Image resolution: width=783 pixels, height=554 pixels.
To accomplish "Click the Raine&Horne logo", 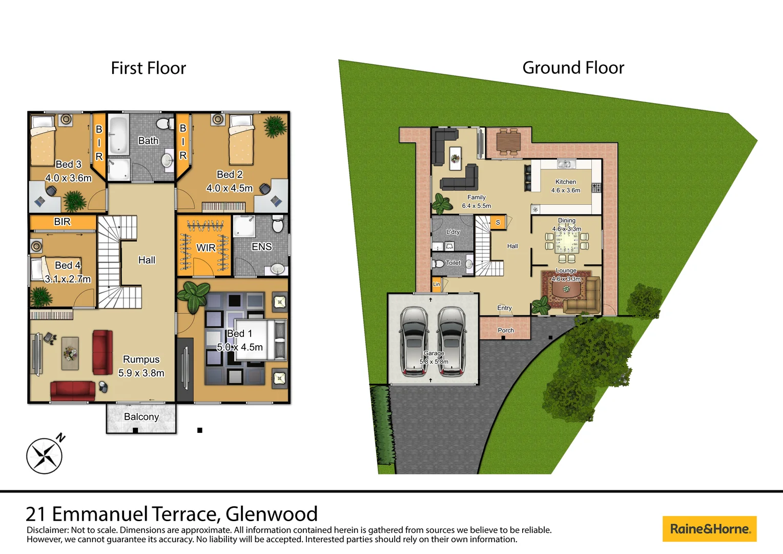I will click(x=709, y=529).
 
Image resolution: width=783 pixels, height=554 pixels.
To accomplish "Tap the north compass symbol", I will click(x=45, y=455).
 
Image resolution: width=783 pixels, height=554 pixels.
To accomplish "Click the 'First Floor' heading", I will click(x=148, y=68).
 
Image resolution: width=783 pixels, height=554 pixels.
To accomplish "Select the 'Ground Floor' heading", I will click(x=573, y=68).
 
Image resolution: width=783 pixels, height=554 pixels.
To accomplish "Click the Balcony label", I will click(x=141, y=417).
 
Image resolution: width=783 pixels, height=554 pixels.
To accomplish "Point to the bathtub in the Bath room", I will click(x=118, y=134).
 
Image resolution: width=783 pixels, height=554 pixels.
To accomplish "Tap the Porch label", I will click(x=506, y=330).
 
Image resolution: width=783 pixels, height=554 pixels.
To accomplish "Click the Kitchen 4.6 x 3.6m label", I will click(x=566, y=186).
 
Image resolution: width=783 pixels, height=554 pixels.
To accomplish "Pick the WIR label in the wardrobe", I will click(x=206, y=248).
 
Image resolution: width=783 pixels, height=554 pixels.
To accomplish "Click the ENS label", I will click(x=261, y=247).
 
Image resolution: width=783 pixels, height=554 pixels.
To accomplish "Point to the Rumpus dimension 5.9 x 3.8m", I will click(x=141, y=373).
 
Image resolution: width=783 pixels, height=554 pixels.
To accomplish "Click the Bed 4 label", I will click(x=67, y=265).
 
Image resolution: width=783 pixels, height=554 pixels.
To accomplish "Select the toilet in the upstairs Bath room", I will click(x=165, y=124).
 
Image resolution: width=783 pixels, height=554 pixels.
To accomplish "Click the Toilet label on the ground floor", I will click(x=453, y=263).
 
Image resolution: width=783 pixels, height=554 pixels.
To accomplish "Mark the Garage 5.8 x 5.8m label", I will click(x=434, y=358).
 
